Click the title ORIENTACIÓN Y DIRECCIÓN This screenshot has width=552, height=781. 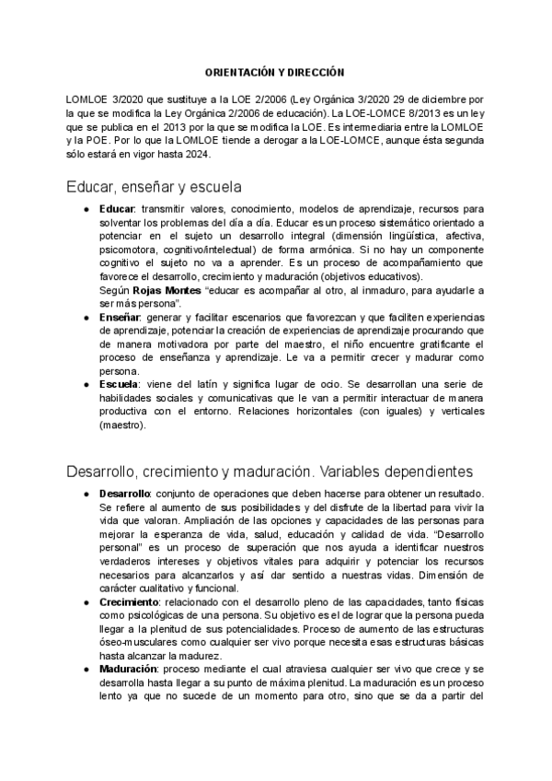[x=275, y=72]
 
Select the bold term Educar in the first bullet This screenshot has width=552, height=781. [x=117, y=210]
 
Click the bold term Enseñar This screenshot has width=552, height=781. [x=119, y=316]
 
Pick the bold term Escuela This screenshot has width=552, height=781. [x=119, y=385]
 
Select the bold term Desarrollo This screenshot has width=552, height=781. [x=126, y=495]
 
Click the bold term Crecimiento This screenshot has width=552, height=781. [x=129, y=601]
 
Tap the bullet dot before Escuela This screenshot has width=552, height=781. [x=86, y=385]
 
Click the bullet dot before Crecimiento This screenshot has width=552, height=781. [x=86, y=601]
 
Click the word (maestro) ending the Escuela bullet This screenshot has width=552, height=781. [x=120, y=425]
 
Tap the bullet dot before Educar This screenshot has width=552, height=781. [x=86, y=210]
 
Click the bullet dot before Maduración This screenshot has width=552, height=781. [x=86, y=669]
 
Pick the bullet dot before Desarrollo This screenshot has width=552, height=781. [x=86, y=495]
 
